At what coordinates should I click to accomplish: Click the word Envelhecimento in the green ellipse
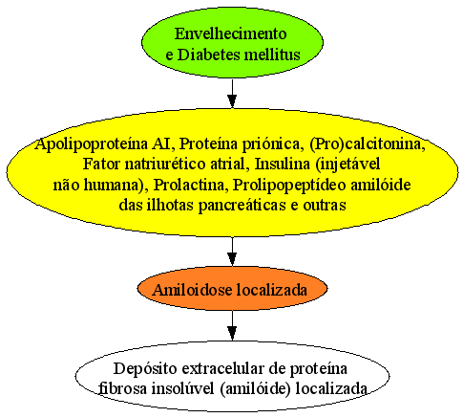[x=230, y=33]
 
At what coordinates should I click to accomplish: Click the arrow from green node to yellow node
[x=232, y=93]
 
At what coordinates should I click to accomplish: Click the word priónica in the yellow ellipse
[x=271, y=144]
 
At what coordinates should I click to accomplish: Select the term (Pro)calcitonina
[x=368, y=144]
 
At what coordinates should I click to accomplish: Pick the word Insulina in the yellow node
[x=283, y=165]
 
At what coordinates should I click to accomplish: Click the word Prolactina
[x=189, y=185]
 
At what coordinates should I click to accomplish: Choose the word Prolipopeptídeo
[x=289, y=186]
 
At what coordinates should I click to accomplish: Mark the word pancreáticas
[x=242, y=206]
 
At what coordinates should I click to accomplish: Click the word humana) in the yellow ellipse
[x=114, y=186]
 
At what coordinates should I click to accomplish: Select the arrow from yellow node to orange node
[x=232, y=251]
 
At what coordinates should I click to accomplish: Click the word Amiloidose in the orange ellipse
[x=192, y=290]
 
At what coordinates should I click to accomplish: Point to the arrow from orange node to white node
[x=232, y=325]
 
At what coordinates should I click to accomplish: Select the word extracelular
[x=222, y=369]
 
